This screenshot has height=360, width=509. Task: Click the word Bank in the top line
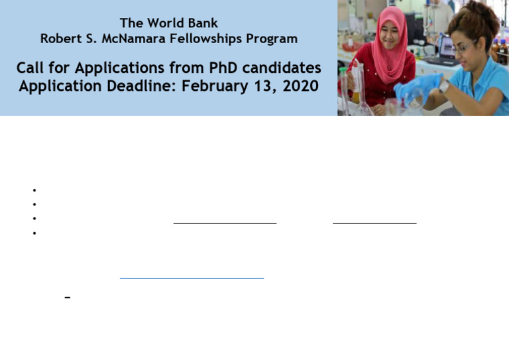tap(203, 24)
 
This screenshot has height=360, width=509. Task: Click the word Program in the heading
tap(272, 39)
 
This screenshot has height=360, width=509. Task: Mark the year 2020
tap(299, 86)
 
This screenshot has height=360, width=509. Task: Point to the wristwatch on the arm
tap(443, 86)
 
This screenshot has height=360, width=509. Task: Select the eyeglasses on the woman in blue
tap(463, 48)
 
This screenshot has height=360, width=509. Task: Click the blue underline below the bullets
tap(192, 278)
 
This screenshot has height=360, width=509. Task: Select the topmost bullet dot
tap(34, 191)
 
